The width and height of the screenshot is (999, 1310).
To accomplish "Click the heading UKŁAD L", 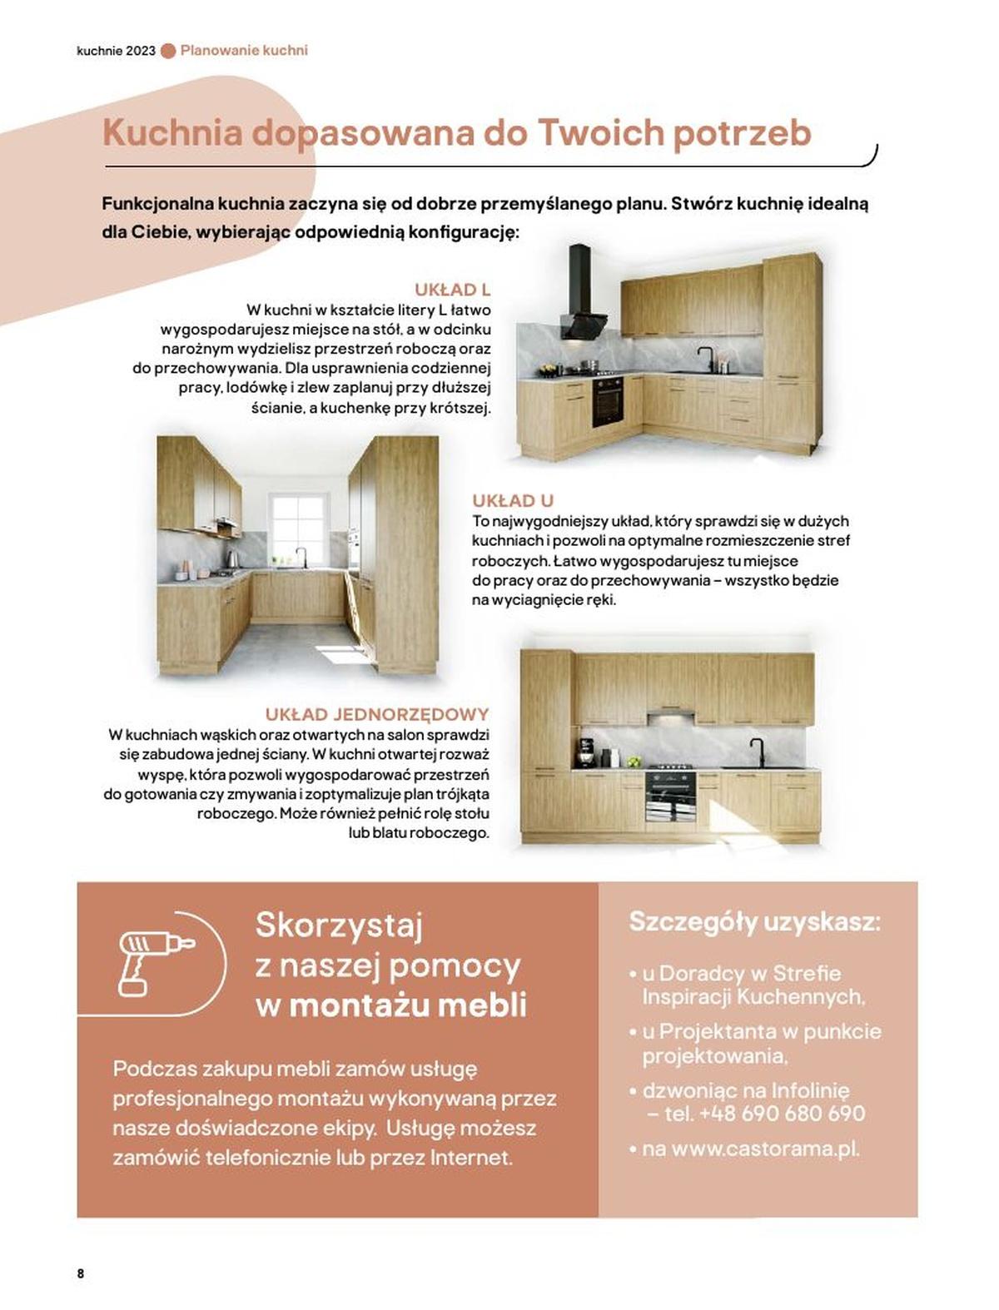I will pos(452,290).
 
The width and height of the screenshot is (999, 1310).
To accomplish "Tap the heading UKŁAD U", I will pos(512,500).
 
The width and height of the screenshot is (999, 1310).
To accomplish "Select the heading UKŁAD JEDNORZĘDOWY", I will pos(376,714).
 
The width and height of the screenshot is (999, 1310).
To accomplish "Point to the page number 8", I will pos(81,1273).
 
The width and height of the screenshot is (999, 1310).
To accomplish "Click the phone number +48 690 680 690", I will pos(782,1114).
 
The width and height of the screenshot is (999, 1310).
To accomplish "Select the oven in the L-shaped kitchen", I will pos(608,401).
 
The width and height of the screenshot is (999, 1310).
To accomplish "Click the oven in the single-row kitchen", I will pos(670,794).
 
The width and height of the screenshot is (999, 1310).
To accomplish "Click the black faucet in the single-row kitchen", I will pos(759,752).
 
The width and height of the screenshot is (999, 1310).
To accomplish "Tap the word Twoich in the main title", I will pos(600,133).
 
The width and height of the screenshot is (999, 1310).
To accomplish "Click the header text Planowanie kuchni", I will pos(244,50).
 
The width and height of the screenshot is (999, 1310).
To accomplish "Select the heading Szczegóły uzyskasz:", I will pos(754,922).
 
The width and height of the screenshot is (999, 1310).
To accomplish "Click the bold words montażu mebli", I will pos(407,1005).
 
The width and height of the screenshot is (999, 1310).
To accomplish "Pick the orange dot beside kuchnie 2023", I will pos(168,51).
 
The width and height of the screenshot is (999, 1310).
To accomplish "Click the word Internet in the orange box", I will pos(471,1157).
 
